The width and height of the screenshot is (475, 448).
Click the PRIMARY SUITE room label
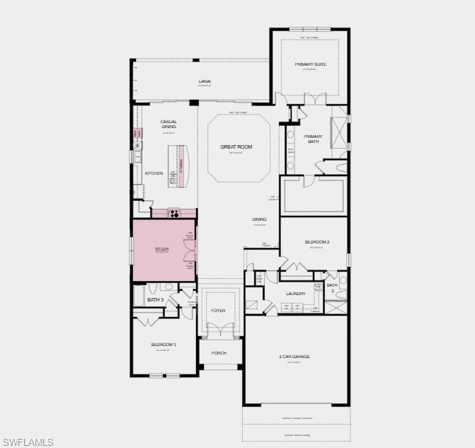(x=310, y=64)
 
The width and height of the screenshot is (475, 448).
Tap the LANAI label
(x=205, y=81)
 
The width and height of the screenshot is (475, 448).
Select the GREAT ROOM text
(x=236, y=147)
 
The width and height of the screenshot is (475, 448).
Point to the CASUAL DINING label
(x=168, y=125)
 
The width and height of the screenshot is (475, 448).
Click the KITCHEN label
(x=154, y=173)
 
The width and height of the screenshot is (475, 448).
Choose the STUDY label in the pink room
(x=162, y=249)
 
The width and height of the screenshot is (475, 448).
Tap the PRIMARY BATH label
(x=313, y=139)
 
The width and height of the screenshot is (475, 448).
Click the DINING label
(x=260, y=219)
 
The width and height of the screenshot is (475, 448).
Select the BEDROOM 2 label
(x=316, y=242)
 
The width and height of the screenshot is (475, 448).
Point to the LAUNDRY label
(x=295, y=293)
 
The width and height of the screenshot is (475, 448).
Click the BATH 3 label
(x=155, y=300)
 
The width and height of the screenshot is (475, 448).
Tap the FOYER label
(x=218, y=310)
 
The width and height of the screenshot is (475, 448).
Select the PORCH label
(x=218, y=352)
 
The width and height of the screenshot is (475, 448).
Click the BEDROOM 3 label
(x=164, y=345)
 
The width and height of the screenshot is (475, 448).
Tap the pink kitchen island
(x=181, y=166)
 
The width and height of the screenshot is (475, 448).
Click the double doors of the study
(x=189, y=251)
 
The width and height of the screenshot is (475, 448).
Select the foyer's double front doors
(x=218, y=329)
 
